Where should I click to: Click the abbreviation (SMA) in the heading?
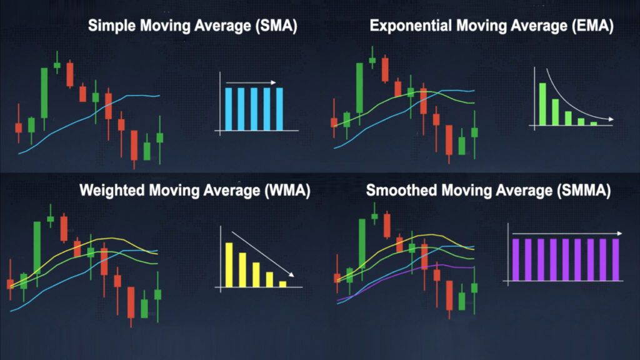(276, 26)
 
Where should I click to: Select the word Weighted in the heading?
(112, 191)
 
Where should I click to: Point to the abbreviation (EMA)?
(592, 26)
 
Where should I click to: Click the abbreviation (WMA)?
(287, 191)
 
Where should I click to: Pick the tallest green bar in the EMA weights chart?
(542, 104)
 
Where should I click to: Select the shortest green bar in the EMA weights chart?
(594, 123)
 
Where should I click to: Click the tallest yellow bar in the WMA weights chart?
(229, 264)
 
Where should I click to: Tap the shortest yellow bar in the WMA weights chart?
(282, 284)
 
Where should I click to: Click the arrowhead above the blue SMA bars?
(274, 82)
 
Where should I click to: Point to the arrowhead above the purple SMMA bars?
(619, 234)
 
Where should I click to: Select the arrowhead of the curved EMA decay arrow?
(611, 119)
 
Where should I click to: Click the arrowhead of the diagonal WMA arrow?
(291, 274)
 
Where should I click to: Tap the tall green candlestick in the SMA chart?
(44, 93)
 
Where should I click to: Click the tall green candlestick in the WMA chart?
(37, 247)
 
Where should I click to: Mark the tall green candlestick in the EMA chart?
(359, 87)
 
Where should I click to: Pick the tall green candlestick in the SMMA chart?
(362, 243)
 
